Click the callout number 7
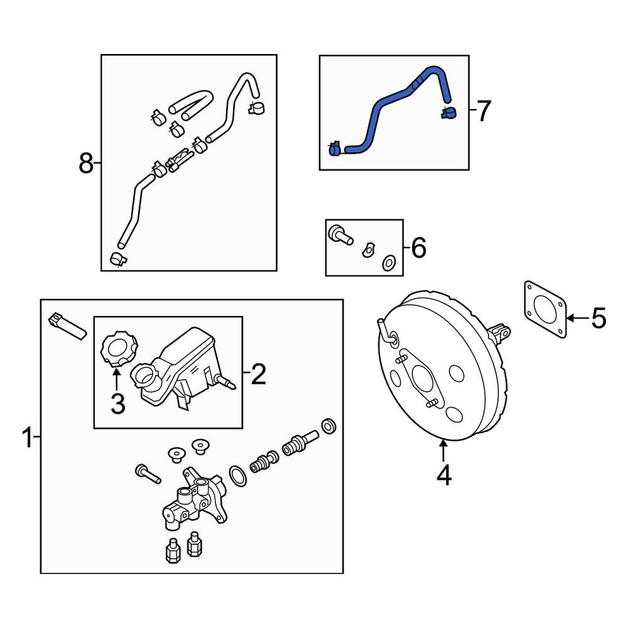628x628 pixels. point(482,112)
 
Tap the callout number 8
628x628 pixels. point(86,165)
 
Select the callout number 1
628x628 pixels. point(27,438)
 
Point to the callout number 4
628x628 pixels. point(443,476)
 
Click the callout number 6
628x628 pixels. point(418,249)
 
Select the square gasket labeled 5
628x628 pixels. point(543,310)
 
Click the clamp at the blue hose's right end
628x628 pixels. point(448,113)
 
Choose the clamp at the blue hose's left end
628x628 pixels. point(335,149)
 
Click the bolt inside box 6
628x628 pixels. point(340,235)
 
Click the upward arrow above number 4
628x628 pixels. point(443,451)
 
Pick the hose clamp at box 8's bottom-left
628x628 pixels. point(117,259)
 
